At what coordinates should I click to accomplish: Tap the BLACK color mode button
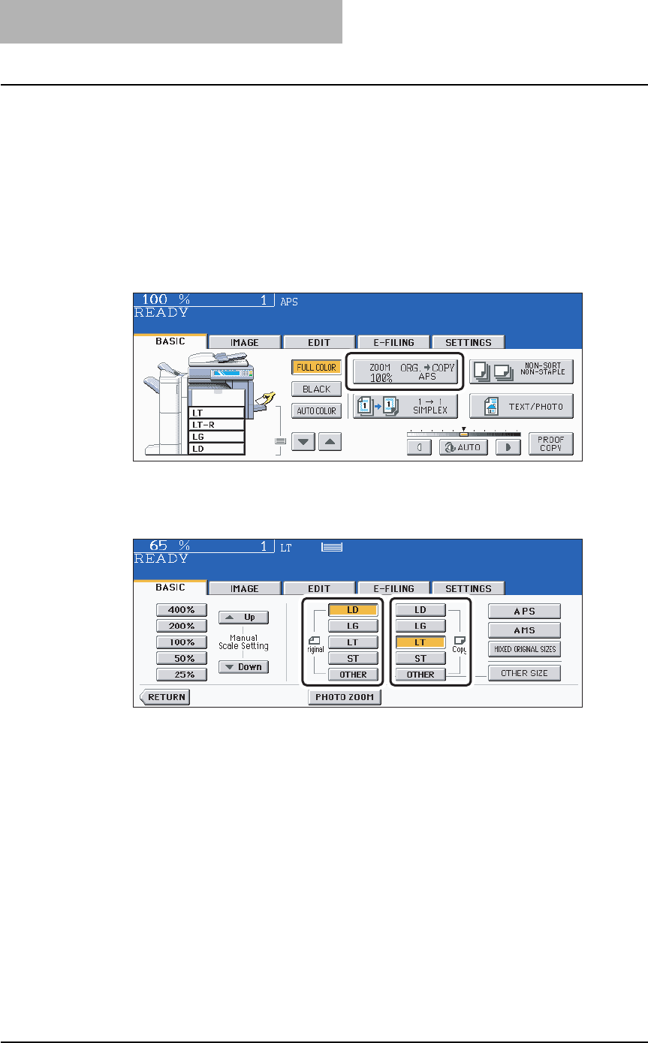click(316, 389)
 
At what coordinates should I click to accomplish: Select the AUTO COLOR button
click(316, 410)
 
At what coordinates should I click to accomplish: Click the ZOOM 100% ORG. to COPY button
click(404, 371)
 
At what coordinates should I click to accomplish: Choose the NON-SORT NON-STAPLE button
click(520, 371)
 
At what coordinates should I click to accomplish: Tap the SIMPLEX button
click(404, 406)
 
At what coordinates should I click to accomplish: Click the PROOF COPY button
click(550, 443)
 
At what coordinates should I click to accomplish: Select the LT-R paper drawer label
click(216, 424)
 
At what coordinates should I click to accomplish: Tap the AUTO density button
click(463, 446)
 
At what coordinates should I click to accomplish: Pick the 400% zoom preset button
click(181, 610)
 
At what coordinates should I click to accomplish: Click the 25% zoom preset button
click(181, 674)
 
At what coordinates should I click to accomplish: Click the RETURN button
click(165, 697)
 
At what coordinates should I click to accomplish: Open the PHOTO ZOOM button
click(345, 697)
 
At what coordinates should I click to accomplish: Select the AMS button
click(524, 630)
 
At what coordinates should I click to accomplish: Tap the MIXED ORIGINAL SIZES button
click(524, 649)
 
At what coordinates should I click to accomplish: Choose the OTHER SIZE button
click(524, 673)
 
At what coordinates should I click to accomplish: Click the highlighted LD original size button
click(353, 610)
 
